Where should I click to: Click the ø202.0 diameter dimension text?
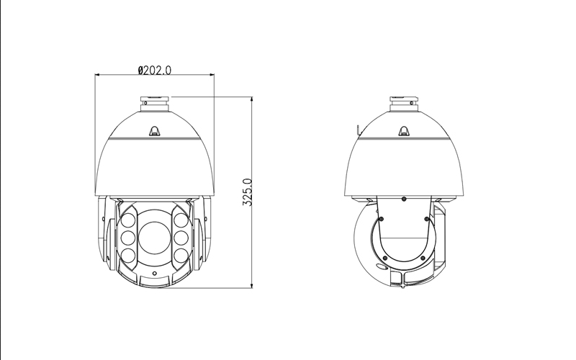154,70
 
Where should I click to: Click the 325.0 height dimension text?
247,192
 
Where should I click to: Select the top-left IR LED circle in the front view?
128,221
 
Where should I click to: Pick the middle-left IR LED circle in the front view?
128,238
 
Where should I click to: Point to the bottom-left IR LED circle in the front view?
128,255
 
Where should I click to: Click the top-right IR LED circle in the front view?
181,221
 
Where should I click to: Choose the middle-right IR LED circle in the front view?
181,238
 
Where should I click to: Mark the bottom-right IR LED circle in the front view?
181,255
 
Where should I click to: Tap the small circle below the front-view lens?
155,274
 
